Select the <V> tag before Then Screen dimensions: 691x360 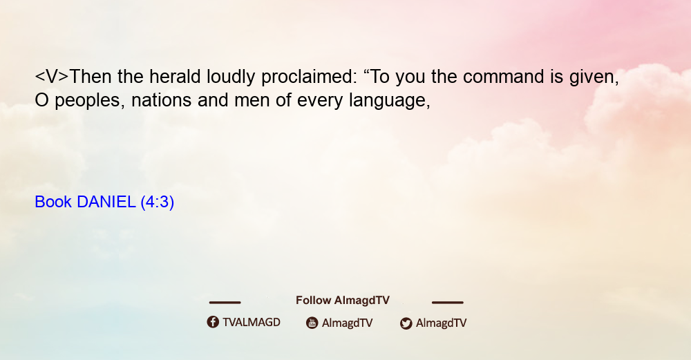52,77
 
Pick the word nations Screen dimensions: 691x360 161,100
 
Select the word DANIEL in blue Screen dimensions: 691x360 106,202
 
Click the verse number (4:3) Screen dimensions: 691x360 158,202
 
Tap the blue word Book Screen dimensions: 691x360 53,202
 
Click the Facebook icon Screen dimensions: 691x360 213,322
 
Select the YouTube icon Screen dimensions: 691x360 312,323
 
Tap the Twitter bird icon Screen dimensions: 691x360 406,323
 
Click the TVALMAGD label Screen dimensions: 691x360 252,322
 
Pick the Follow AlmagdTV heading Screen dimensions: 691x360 343,300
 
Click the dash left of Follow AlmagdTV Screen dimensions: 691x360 225,303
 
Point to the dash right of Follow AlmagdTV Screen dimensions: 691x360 448,303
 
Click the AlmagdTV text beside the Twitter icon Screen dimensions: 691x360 441,323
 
